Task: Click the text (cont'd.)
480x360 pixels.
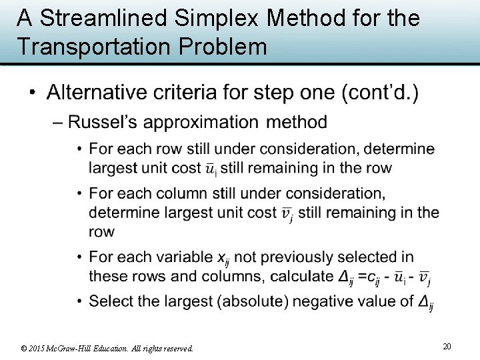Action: point(380,93)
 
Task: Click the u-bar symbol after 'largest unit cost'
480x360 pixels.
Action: point(210,169)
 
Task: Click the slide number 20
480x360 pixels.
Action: point(447,346)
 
